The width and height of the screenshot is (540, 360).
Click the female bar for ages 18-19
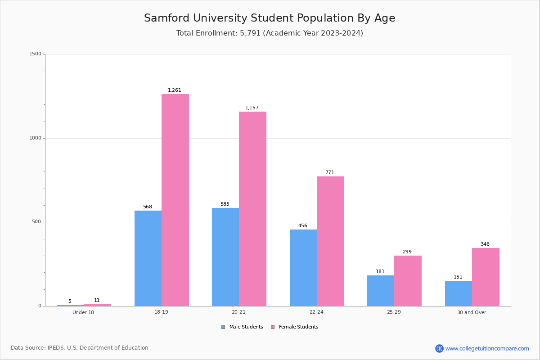pyautogui.click(x=175, y=200)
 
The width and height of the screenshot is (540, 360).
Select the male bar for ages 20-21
pyautogui.click(x=225, y=256)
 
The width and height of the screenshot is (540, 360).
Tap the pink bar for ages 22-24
pyautogui.click(x=330, y=241)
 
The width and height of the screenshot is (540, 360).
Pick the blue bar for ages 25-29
pyautogui.click(x=381, y=290)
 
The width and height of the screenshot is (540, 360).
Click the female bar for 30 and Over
pyautogui.click(x=486, y=277)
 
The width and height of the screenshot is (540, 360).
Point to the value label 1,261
pyautogui.click(x=175, y=90)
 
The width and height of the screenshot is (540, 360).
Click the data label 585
pyautogui.click(x=225, y=204)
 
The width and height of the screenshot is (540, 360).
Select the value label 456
pyautogui.click(x=303, y=226)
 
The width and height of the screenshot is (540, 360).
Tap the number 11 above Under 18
pyautogui.click(x=97, y=301)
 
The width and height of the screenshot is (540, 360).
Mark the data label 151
pyautogui.click(x=458, y=277)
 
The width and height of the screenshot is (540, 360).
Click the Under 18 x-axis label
pyautogui.click(x=83, y=312)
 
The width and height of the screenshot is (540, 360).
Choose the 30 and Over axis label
pyautogui.click(x=472, y=312)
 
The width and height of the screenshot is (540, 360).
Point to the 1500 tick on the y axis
pyautogui.click(x=36, y=54)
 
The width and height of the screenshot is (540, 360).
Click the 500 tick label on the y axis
pyautogui.click(x=37, y=222)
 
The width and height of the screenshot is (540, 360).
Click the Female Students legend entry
pyautogui.click(x=295, y=327)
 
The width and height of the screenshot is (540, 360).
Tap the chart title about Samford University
pyautogui.click(x=270, y=18)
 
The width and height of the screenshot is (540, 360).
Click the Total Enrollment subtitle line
pyautogui.click(x=270, y=33)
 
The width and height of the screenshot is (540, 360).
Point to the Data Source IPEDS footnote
pyautogui.click(x=80, y=348)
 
